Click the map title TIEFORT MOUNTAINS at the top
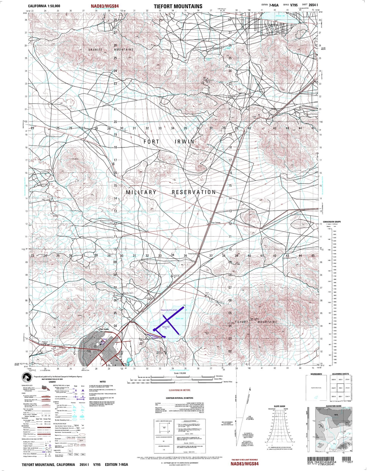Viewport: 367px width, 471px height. tap(178, 6)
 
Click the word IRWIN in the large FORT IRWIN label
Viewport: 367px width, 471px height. tap(185, 142)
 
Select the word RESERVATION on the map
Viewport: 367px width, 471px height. tap(194, 192)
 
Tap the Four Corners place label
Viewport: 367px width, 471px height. tap(216, 223)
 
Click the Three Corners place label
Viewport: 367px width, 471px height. tap(193, 254)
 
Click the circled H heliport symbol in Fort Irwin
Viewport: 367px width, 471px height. tap(103, 343)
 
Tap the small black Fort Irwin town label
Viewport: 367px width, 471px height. tap(104, 329)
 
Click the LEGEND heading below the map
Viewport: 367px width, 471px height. tap(52, 382)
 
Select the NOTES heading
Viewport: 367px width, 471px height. tap(103, 382)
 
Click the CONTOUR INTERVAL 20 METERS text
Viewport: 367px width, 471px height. tap(179, 398)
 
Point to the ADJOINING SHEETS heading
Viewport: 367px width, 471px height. tap(340, 374)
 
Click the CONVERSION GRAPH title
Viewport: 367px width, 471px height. tap(332, 222)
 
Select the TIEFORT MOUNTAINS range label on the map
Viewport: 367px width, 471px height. tap(256, 322)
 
